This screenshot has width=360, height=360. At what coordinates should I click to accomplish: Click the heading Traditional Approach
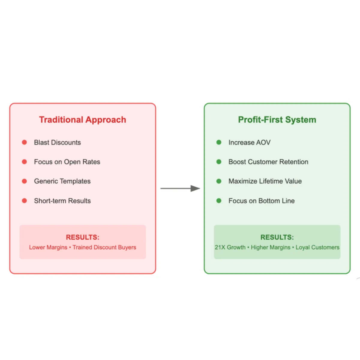tap(82, 120)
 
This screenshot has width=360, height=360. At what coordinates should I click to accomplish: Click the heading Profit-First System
tap(277, 120)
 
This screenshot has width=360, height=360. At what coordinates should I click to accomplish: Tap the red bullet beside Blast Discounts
tap(24, 142)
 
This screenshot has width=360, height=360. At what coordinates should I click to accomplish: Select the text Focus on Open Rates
tap(67, 162)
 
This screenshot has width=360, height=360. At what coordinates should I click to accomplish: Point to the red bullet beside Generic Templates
tap(24, 181)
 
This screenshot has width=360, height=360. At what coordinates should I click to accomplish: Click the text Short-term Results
tap(62, 201)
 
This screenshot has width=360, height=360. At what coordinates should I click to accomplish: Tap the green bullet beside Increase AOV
tap(219, 142)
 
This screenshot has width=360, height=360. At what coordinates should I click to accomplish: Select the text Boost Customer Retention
tap(268, 162)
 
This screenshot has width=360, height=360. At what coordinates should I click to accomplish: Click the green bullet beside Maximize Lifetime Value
tap(219, 181)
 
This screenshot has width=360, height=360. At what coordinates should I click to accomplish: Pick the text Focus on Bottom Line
tap(262, 201)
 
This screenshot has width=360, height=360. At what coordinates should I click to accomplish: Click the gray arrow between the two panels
tap(180, 188)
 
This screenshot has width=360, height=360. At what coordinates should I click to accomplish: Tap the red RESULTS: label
tap(82, 237)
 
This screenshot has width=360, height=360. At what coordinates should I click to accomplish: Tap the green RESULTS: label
tap(277, 237)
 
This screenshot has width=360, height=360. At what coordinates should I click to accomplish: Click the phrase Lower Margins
tap(48, 247)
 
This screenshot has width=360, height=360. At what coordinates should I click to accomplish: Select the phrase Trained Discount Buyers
tap(104, 247)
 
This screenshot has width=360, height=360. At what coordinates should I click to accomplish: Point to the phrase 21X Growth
tap(230, 247)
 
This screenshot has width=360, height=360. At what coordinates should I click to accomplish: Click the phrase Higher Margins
tap(271, 247)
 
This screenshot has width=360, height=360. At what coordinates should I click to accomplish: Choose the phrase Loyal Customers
tap(317, 247)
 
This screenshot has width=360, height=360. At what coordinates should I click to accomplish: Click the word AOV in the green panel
tap(263, 142)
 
